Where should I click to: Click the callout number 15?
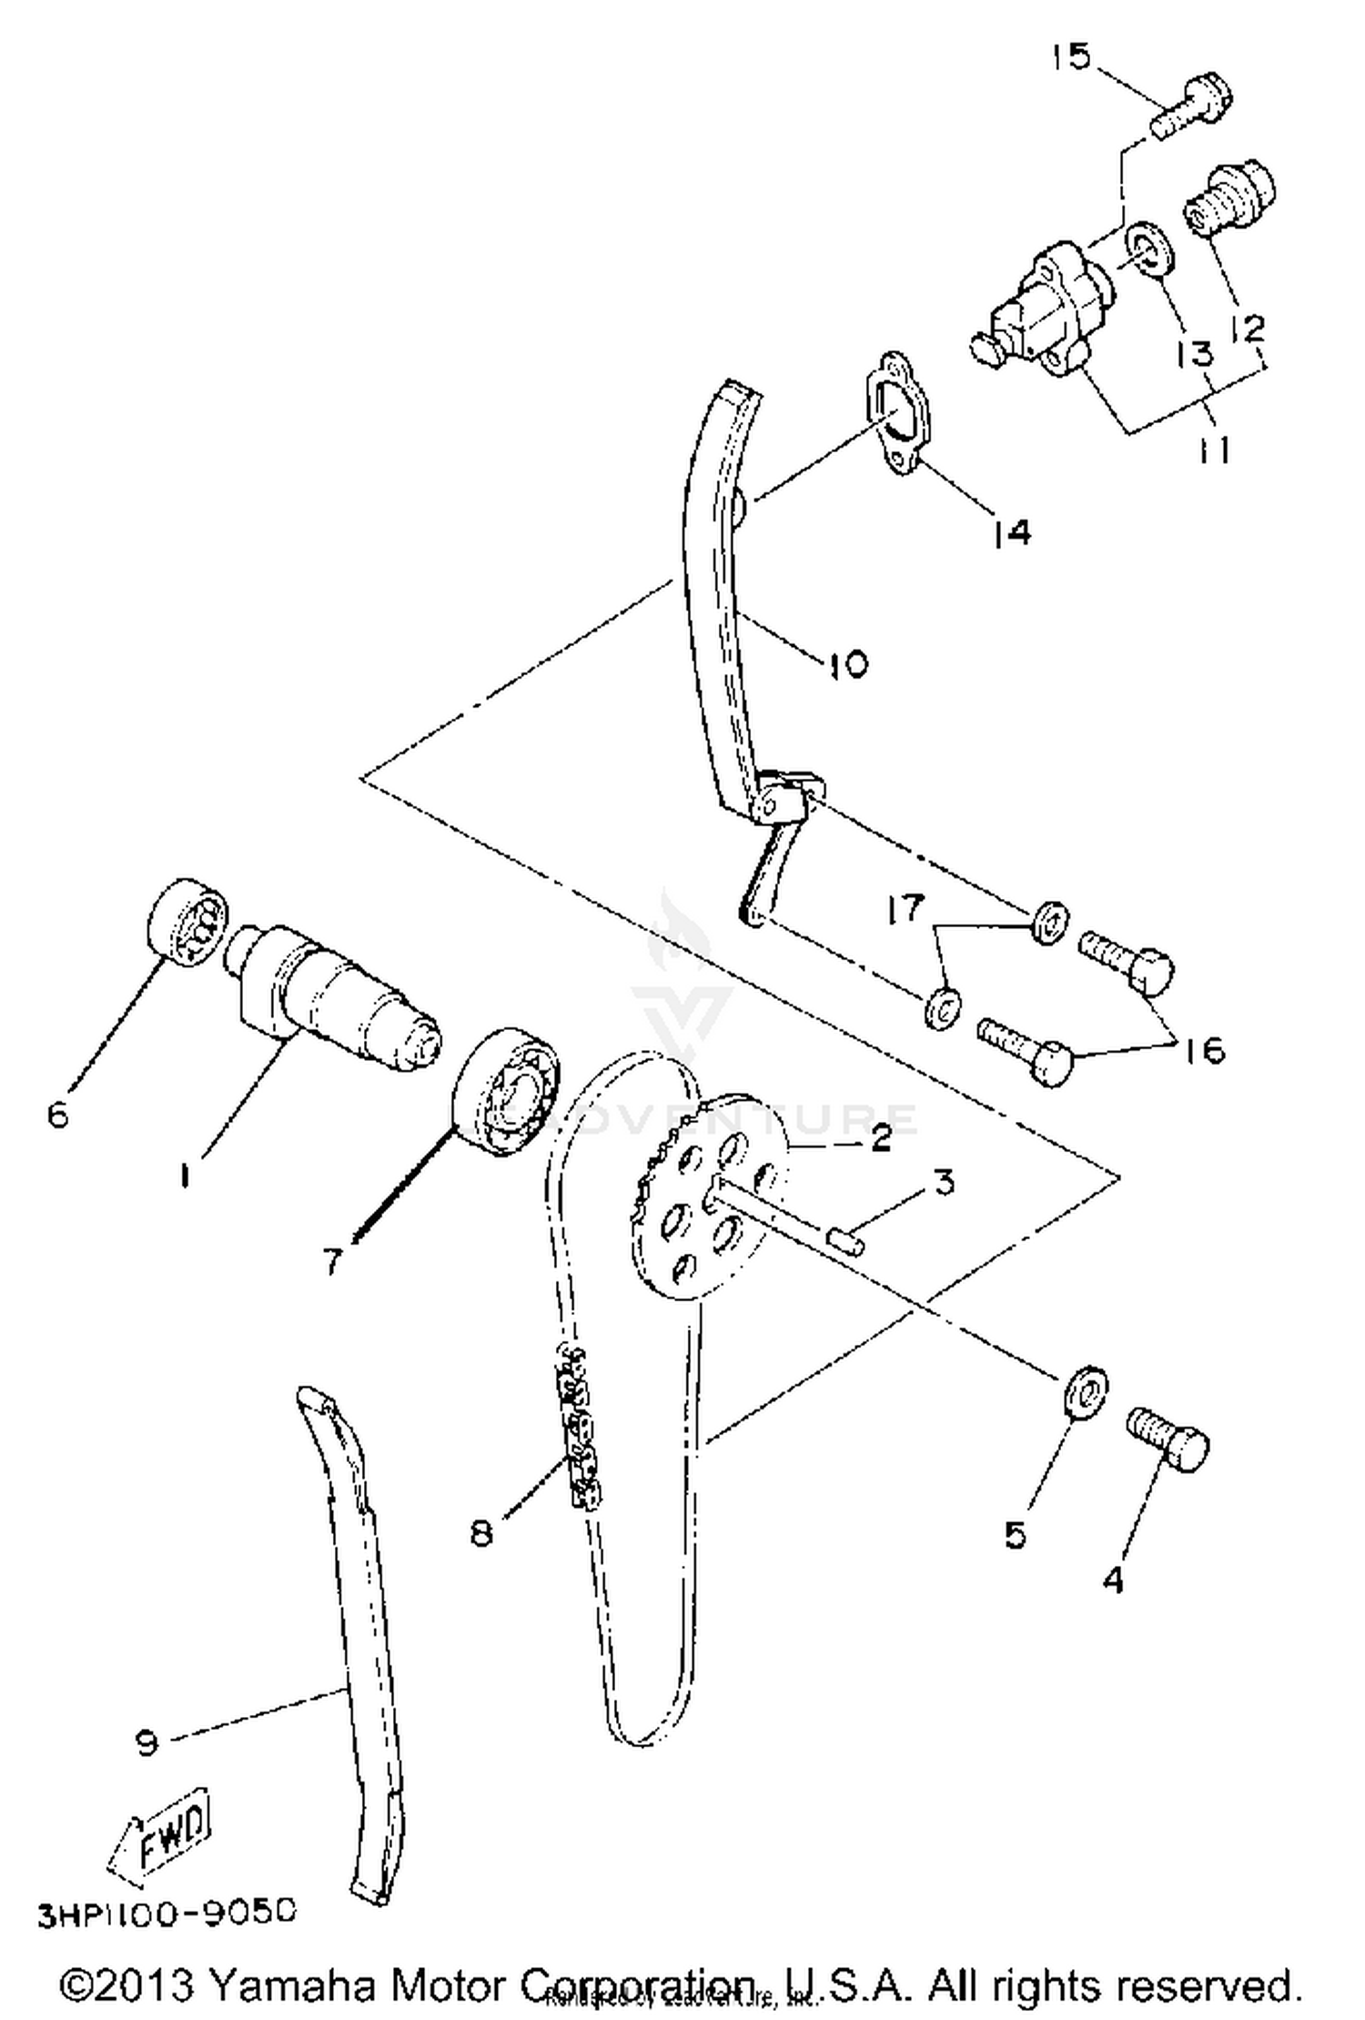(1071, 56)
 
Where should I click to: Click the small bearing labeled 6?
(187, 924)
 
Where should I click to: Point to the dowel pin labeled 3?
(845, 1240)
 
